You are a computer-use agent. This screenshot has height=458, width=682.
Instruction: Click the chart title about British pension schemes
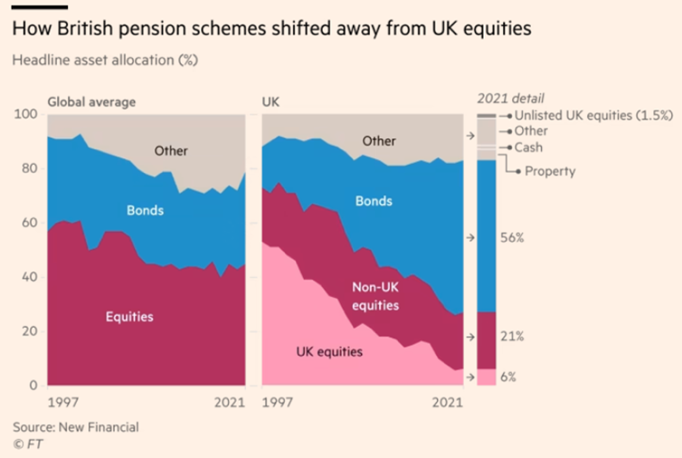(272, 29)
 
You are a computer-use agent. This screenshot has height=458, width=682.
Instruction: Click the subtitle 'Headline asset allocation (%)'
(105, 60)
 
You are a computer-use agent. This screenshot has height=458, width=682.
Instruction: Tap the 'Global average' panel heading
(91, 102)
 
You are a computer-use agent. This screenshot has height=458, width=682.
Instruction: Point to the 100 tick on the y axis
(25, 114)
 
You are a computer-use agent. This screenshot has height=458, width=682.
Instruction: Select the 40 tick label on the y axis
(29, 277)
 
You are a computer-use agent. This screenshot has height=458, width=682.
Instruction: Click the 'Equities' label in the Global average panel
(129, 317)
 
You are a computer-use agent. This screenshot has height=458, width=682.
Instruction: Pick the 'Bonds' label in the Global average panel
(146, 210)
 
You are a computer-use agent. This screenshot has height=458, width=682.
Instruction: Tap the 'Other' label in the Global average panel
(171, 150)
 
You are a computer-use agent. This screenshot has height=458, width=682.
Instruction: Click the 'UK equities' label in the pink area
(329, 352)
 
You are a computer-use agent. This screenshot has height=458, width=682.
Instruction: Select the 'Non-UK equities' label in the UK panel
(375, 296)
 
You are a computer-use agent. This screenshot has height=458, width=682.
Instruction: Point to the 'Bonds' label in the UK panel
(374, 201)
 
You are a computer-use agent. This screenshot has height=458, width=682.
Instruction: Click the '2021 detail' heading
(511, 99)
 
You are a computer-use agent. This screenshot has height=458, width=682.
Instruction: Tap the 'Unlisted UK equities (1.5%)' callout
(593, 115)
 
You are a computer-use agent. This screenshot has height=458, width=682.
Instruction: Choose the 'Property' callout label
(550, 171)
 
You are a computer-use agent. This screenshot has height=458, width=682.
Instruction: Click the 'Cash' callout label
(528, 148)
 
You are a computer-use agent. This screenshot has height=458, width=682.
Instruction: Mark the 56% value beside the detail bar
(512, 238)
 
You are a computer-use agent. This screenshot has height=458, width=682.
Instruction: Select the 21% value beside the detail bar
(512, 336)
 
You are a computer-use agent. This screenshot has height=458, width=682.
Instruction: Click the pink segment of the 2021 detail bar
(487, 377)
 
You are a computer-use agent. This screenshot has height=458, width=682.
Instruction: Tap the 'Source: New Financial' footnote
(76, 427)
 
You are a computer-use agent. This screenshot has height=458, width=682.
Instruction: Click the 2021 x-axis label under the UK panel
(448, 402)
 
